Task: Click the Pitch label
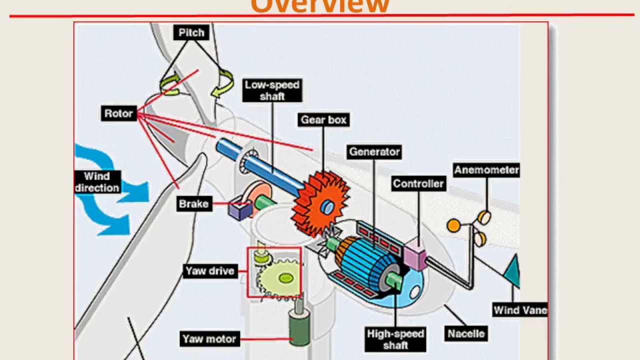tap(191, 33)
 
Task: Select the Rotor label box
tap(118, 113)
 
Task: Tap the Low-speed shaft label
tap(272, 90)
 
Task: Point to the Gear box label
tap(323, 120)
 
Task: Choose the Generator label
tap(374, 152)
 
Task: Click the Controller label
tap(418, 184)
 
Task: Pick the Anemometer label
tap(486, 170)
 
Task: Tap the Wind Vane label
tap(520, 310)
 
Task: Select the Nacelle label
tap(466, 333)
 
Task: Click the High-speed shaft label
tap(395, 339)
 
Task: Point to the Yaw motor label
tap(209, 339)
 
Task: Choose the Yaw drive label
tap(210, 271)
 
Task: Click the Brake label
tap(193, 204)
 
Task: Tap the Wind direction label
tap(96, 182)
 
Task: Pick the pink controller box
tap(414, 254)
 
